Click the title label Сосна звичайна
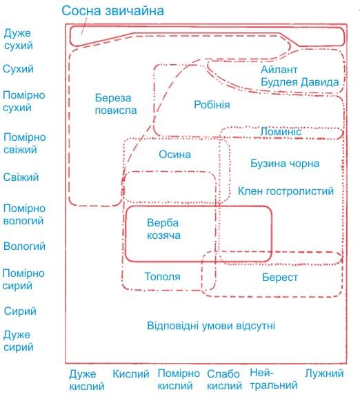click(x=112, y=11)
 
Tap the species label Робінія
click(x=212, y=105)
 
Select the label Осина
click(x=174, y=155)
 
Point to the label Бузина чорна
click(x=285, y=164)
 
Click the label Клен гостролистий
click(x=286, y=191)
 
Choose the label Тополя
click(x=163, y=276)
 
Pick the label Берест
click(x=280, y=278)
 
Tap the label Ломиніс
click(x=281, y=132)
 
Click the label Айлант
click(x=279, y=70)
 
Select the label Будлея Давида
click(x=300, y=82)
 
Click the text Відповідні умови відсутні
click(x=211, y=326)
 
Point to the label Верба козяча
click(x=163, y=229)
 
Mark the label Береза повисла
click(x=116, y=104)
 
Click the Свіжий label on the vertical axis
click(x=21, y=177)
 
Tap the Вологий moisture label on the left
click(x=24, y=246)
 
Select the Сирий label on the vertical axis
click(x=20, y=311)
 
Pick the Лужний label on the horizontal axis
click(x=324, y=373)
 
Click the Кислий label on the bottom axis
click(x=130, y=374)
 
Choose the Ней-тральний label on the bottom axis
click(x=274, y=379)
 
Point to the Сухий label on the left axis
click(x=18, y=69)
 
